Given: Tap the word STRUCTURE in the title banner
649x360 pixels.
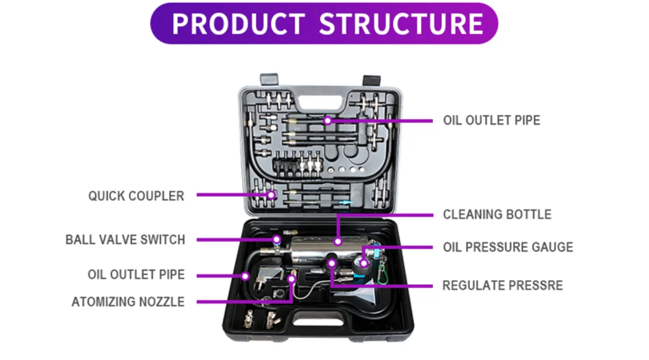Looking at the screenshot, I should coord(401,24).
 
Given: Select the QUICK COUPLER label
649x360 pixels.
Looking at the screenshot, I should coord(136,196).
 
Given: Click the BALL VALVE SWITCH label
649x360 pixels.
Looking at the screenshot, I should coord(125,239).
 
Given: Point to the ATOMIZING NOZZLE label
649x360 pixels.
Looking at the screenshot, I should coord(128,302).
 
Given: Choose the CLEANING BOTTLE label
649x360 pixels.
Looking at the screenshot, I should coord(497,214).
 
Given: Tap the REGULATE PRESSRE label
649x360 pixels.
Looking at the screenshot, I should coord(503,285).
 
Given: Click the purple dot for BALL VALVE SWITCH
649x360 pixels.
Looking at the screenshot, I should coord(277,239).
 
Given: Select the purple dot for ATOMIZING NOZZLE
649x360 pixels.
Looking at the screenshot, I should coord(292,279).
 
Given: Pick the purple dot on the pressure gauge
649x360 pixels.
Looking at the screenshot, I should coord(364,264).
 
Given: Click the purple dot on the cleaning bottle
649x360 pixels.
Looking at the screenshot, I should coord(338,241).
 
